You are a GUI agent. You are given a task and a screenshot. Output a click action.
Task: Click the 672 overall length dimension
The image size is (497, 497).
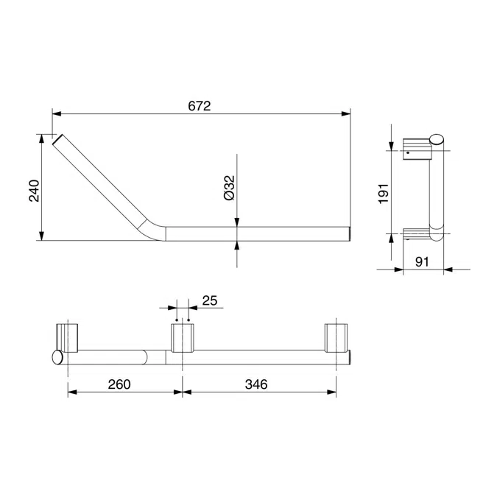click(x=199, y=106)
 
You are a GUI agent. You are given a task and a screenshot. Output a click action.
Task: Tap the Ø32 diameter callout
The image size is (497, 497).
click(x=229, y=188)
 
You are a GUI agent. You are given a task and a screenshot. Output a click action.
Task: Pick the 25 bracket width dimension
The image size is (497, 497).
click(x=209, y=300)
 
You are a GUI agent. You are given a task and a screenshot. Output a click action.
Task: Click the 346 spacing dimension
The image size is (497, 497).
click(x=257, y=384)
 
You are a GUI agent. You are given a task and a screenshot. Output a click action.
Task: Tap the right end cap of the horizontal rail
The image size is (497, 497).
click(x=348, y=233)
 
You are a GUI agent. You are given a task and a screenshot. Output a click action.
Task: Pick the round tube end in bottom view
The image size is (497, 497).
click(x=57, y=359)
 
